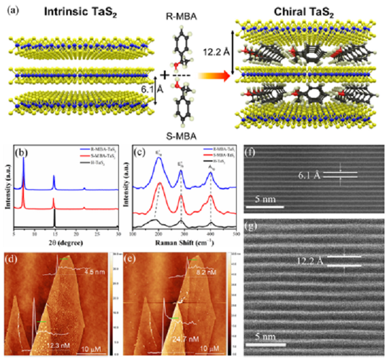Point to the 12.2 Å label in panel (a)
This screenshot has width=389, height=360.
(213, 52)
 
